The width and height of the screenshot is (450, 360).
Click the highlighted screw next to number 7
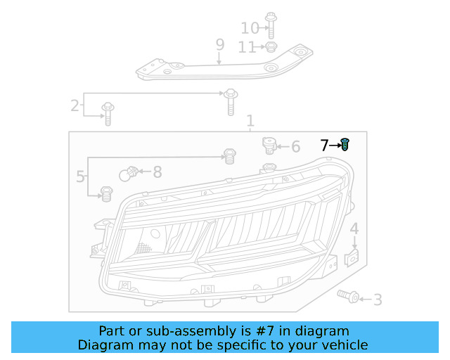click(345, 144)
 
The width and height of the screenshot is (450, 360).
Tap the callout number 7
click(324, 146)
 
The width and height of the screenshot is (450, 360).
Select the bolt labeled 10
click(271, 25)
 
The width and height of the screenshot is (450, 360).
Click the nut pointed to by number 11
click(271, 47)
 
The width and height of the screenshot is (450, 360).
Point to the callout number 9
click(220, 44)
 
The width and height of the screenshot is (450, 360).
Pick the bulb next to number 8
click(129, 174)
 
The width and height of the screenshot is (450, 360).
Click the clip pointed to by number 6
click(269, 146)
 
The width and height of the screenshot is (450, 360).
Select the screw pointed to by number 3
click(348, 296)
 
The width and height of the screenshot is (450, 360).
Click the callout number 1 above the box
click(250, 121)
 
